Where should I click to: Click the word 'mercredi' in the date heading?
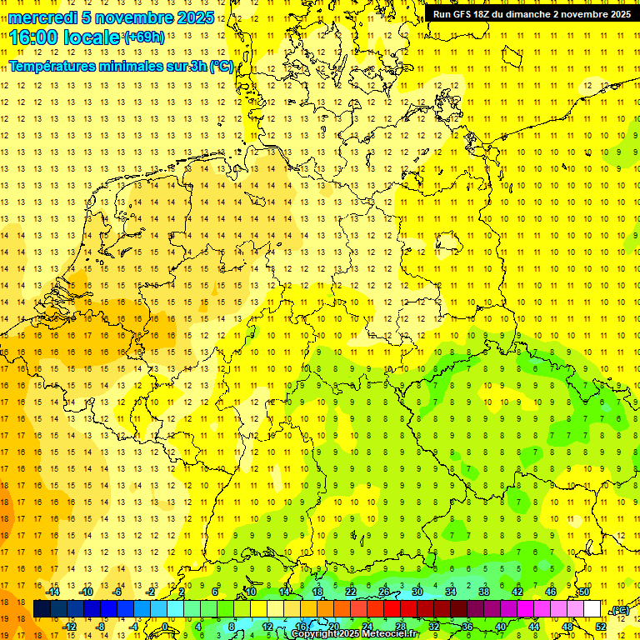click(42, 17)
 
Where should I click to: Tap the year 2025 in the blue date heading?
click(194, 17)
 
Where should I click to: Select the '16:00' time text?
click(34, 37)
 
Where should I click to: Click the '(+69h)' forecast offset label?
click(144, 37)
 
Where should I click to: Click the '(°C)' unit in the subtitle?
click(221, 67)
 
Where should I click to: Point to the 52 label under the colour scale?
click(601, 627)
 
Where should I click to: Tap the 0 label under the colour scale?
click(166, 627)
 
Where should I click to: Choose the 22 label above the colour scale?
click(351, 592)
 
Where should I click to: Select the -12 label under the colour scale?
click(70, 627)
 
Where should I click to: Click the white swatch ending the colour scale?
click(592, 609)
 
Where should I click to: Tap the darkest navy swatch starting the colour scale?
click(42, 609)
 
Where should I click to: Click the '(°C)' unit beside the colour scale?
click(619, 610)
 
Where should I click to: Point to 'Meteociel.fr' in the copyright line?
click(391, 634)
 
